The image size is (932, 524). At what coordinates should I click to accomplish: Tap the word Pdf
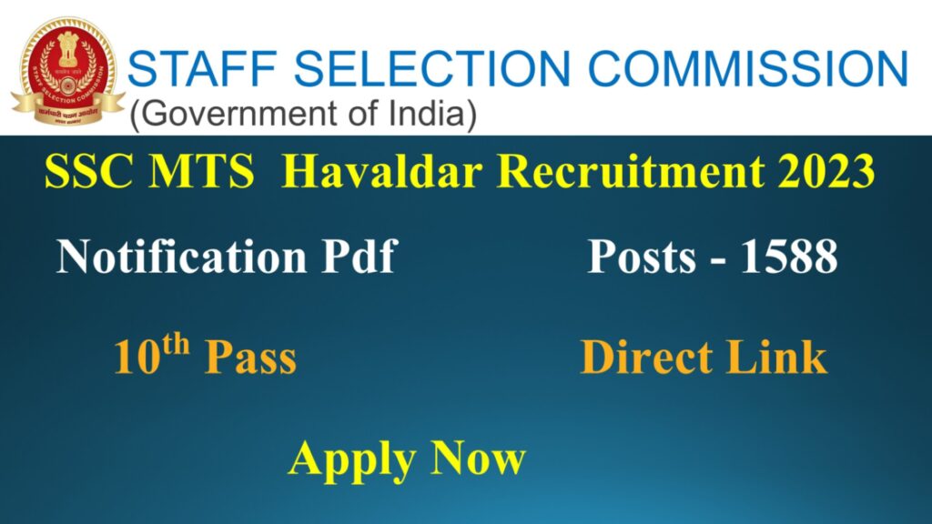tap(360, 257)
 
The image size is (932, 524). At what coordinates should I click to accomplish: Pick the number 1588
tap(787, 257)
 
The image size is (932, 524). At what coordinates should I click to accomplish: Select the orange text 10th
tap(151, 356)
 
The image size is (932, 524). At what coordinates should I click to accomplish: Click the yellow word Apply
tap(350, 460)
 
